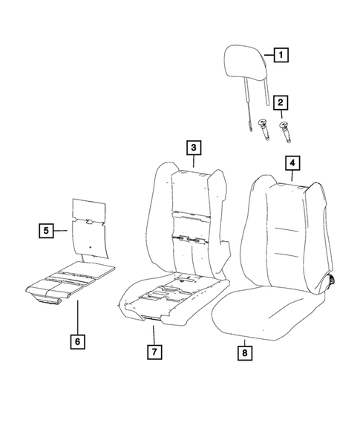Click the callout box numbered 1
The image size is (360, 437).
tap(281, 54)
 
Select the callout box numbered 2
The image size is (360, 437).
tap(281, 102)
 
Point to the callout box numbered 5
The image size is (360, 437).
tap(46, 231)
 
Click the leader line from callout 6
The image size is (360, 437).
tap(78, 319)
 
